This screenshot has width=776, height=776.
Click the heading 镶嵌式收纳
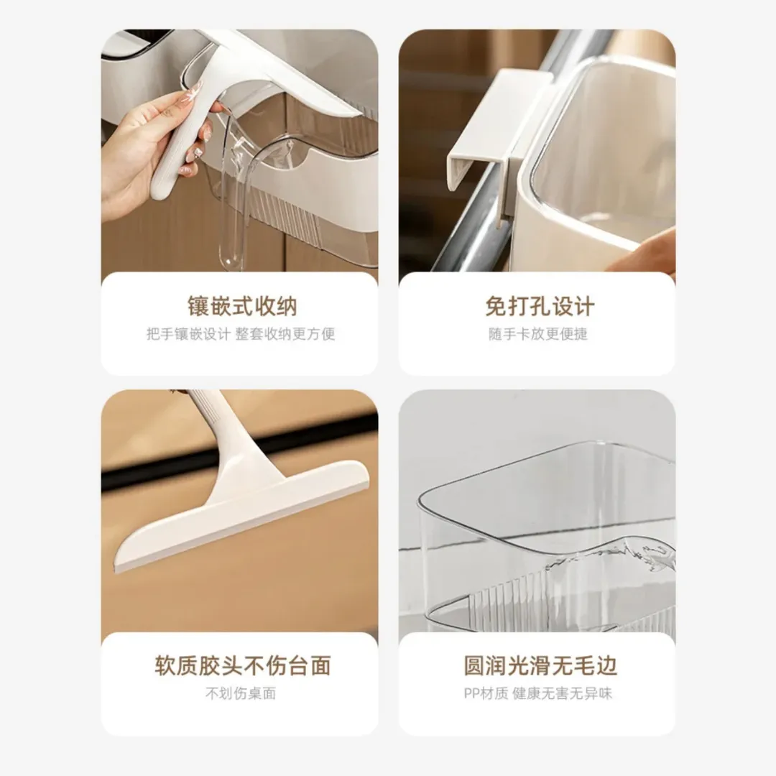(242, 306)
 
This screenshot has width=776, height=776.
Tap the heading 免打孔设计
(540, 306)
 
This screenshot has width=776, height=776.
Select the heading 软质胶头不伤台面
(243, 665)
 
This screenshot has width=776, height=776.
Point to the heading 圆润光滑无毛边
(540, 665)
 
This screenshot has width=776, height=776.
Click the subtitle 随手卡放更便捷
(538, 334)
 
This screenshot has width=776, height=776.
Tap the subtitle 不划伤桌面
(241, 693)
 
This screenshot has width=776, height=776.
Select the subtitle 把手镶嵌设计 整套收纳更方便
(241, 334)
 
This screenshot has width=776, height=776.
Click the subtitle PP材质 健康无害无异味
(538, 693)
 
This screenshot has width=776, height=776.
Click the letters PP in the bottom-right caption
(471, 693)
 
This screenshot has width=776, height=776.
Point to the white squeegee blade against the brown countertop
(243, 517)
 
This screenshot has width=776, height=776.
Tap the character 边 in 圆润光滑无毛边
(606, 665)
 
